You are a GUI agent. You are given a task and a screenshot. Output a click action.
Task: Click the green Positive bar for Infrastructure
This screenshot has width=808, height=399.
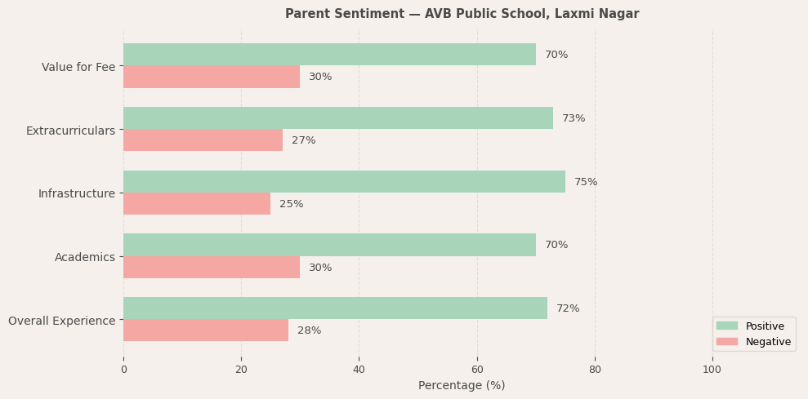[344, 182]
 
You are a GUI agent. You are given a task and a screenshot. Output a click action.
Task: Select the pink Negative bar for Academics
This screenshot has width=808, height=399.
[212, 268]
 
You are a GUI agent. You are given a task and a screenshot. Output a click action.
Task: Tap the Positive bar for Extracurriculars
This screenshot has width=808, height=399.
[338, 118]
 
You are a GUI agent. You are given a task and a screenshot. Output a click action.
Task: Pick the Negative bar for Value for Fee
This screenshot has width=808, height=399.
[212, 77]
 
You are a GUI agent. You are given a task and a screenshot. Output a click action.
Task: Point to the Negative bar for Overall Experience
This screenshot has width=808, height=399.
[206, 330]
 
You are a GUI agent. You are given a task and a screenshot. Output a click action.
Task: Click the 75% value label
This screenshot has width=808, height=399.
[586, 182]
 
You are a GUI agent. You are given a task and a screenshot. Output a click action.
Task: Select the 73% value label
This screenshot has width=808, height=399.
[574, 118]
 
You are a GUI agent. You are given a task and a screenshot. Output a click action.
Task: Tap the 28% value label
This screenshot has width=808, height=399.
[309, 330]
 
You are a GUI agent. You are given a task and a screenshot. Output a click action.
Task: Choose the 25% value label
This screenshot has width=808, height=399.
[291, 204]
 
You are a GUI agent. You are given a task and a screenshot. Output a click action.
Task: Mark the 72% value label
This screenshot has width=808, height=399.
[568, 308]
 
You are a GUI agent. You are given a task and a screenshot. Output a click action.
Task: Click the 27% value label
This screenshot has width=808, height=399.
[303, 140]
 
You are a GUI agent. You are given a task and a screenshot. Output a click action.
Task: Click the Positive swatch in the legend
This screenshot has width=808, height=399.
[726, 326]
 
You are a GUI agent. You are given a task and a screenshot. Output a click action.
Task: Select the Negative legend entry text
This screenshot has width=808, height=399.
[768, 342]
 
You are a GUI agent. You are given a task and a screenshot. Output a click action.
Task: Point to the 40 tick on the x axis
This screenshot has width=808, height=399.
[359, 369]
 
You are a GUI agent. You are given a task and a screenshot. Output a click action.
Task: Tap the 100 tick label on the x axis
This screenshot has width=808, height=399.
[712, 369]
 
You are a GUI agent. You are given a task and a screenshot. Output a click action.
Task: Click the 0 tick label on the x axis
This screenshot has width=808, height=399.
[123, 369]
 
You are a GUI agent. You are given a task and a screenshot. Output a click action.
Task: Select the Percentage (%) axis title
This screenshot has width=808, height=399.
[462, 385]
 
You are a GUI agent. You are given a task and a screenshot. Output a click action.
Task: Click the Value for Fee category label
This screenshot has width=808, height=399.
[78, 67]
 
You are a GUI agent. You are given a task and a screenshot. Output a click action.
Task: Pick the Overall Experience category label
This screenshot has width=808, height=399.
[62, 321]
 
